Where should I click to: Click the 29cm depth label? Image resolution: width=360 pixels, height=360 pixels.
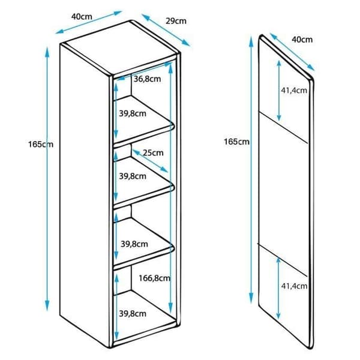176,21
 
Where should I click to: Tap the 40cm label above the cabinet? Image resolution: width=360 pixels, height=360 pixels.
82,17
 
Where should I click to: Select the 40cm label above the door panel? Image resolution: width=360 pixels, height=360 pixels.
302,40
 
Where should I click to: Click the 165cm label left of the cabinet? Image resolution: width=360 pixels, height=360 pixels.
41,145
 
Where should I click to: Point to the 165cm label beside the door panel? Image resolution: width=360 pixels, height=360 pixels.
237,142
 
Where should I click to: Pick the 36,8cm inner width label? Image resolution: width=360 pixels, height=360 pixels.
147,79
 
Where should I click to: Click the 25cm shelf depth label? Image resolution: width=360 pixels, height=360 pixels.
153,152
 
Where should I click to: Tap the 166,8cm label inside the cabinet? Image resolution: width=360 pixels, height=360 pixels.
155,278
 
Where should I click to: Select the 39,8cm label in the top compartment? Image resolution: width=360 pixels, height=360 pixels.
133,113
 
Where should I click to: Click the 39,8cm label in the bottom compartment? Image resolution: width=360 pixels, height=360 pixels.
133,314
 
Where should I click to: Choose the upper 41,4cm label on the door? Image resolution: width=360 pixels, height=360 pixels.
294,90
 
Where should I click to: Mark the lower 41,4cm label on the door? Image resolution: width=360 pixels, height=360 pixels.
294,286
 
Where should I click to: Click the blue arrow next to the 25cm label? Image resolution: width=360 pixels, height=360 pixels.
150,161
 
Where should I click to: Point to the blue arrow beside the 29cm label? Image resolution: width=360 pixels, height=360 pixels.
166,30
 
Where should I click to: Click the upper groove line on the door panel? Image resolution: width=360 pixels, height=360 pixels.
283,128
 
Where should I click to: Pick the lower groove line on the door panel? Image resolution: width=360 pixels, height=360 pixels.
282,260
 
